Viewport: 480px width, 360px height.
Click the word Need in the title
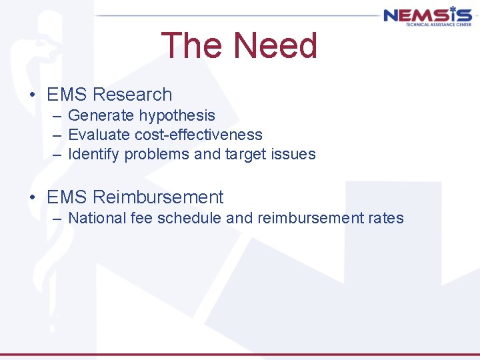point(275,46)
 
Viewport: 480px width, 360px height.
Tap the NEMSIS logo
point(427,16)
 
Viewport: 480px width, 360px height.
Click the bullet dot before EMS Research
point(33,95)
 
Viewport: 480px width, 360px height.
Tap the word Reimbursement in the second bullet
point(159,197)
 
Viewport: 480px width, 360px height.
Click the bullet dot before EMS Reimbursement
point(33,198)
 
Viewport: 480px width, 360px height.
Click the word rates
point(386,218)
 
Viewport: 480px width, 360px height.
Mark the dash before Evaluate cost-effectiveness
point(57,135)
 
